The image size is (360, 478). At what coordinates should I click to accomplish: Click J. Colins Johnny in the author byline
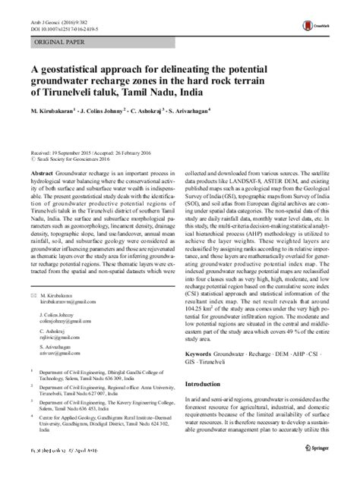coord(114,113)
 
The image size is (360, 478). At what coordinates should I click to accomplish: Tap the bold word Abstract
coord(41,174)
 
